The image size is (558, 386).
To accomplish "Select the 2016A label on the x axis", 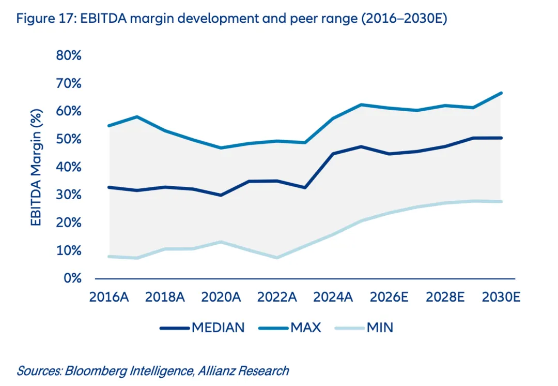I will (x=109, y=298).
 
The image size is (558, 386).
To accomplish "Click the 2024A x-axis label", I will (x=333, y=298).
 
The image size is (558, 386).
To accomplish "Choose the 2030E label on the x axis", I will (x=501, y=298).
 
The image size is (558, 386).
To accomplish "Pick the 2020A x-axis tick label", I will (x=221, y=298).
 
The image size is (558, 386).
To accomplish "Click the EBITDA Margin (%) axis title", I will (x=36, y=167).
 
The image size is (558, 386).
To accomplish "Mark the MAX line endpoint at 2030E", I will (x=502, y=93).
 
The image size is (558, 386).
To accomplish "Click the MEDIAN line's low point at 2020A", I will (x=221, y=195).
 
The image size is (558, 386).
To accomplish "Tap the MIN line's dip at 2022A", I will (x=277, y=258).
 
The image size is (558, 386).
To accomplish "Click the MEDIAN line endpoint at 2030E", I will (x=502, y=138).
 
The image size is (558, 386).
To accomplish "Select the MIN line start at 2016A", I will (x=109, y=256).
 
